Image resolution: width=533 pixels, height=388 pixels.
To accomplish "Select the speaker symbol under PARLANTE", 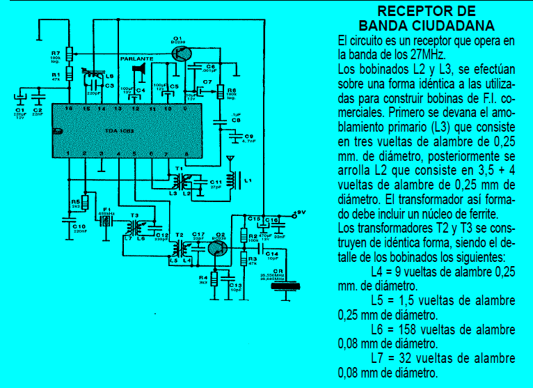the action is pos(138,70).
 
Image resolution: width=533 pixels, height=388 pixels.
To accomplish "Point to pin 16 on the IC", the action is pos(68,109).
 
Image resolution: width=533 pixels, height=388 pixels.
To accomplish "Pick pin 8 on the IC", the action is pos(186,153).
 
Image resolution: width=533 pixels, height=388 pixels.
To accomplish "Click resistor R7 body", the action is pos(69,54).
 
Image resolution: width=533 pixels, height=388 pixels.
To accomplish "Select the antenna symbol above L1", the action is pos(229,161).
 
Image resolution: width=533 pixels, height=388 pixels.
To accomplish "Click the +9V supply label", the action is pos(299,212).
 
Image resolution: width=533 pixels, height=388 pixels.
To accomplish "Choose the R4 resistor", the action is pos(215,279).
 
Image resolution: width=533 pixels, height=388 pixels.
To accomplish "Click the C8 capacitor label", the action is pos(236,121).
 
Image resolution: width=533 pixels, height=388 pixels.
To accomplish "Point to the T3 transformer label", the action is pos(135,215).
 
